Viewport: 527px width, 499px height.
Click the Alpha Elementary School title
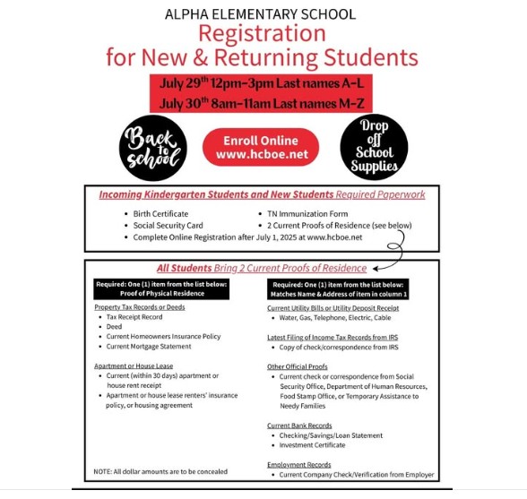point(261,14)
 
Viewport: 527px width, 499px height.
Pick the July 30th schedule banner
point(262,104)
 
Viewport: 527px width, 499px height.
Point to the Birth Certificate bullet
point(160,214)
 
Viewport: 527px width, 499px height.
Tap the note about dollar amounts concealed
point(160,471)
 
